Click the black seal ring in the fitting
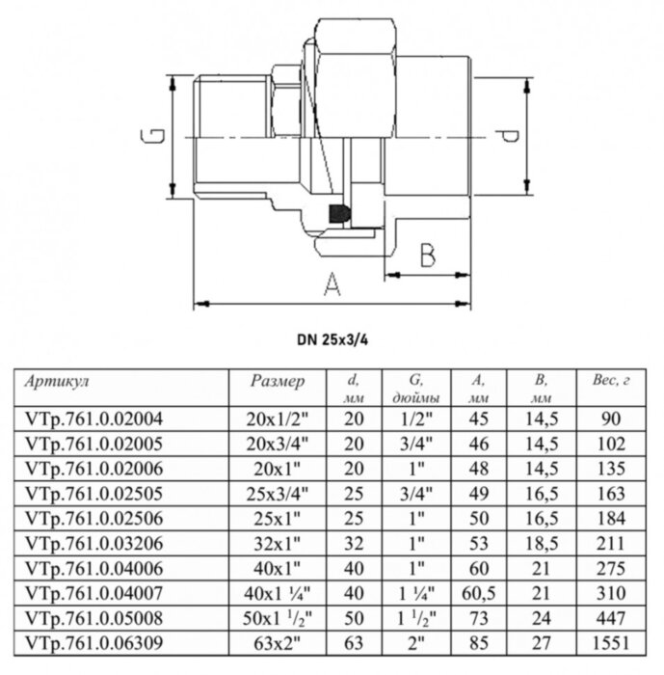(x=338, y=214)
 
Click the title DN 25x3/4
(x=332, y=339)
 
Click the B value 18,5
(x=544, y=543)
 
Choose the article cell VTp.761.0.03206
(x=92, y=543)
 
